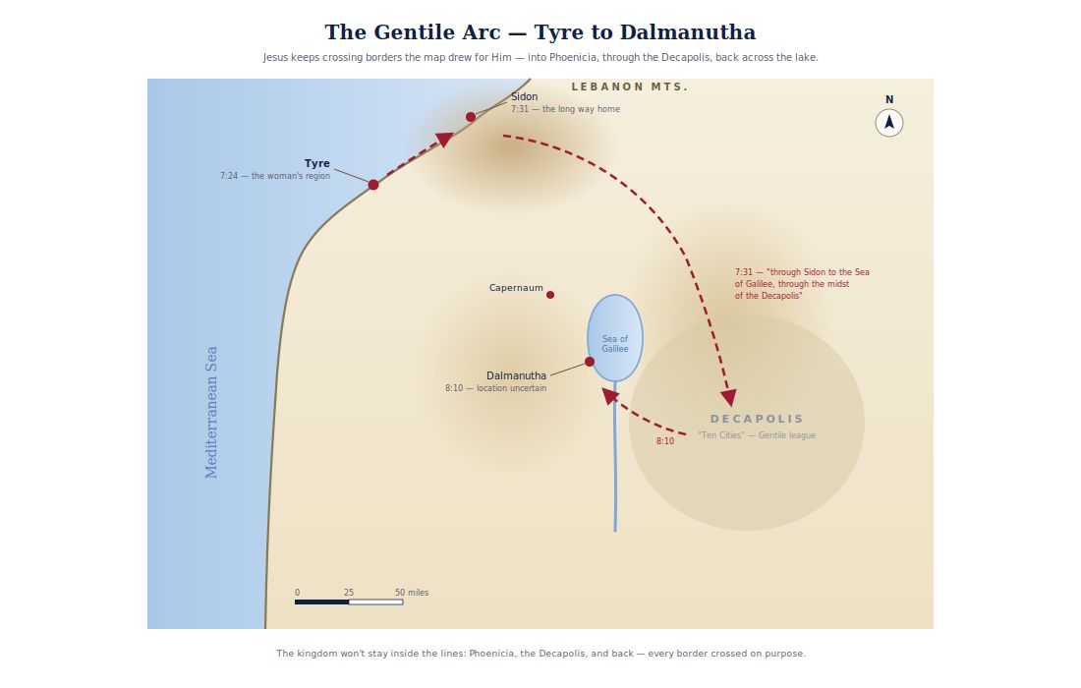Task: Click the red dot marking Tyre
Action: tap(373, 185)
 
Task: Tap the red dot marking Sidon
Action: tap(470, 117)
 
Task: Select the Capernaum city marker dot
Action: tap(550, 295)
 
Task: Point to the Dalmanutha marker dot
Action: tap(590, 362)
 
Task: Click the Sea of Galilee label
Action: tap(615, 344)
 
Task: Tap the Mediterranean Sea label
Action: tap(211, 412)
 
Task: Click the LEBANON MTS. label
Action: tap(629, 86)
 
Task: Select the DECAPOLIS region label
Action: tap(757, 419)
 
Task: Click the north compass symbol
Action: tap(889, 123)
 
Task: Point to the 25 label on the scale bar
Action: tap(349, 593)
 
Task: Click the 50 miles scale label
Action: tap(412, 593)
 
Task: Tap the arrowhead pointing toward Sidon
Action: tap(444, 140)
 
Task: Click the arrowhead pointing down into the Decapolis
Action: tap(728, 398)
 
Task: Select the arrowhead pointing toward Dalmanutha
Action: tap(609, 395)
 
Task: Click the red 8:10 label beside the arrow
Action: tap(665, 441)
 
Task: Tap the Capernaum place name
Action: tap(516, 288)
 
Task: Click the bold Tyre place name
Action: tap(317, 163)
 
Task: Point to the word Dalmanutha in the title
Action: tap(687, 32)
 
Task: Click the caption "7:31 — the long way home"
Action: tap(565, 109)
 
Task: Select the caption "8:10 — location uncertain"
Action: tap(495, 388)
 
